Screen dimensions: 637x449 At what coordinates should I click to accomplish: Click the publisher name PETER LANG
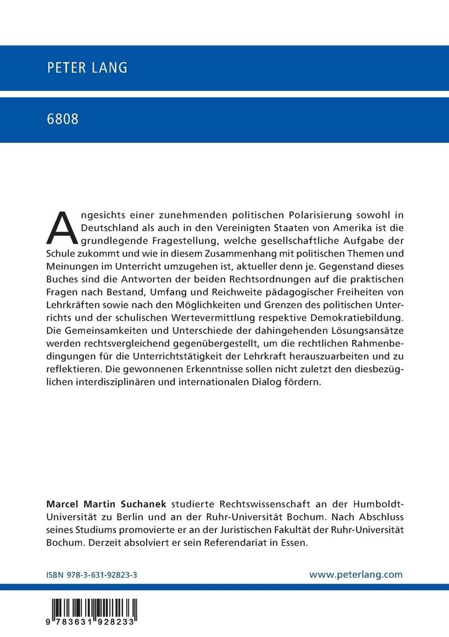tap(87, 68)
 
